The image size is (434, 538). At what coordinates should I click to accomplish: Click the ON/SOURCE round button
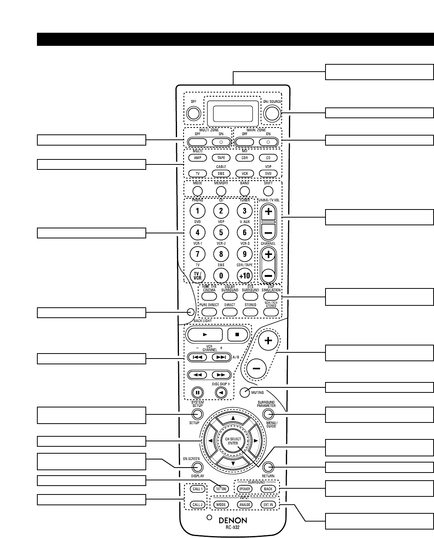point(272,113)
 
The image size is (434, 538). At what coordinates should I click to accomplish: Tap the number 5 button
point(221,232)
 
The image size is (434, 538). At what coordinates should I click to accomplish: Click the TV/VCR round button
point(197,276)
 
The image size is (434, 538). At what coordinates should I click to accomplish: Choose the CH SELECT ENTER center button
point(233,441)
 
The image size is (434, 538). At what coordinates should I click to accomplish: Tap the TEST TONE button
point(221,489)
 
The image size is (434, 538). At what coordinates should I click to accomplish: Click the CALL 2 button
point(197,504)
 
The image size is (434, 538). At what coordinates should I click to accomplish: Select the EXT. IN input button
point(268,504)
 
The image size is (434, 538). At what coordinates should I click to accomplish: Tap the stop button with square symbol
point(237,335)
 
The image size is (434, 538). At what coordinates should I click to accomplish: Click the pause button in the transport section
point(197,393)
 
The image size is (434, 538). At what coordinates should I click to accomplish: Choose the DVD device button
point(268,173)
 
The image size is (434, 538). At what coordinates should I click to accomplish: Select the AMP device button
point(197,158)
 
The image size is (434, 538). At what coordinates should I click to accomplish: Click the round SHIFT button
point(268,191)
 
